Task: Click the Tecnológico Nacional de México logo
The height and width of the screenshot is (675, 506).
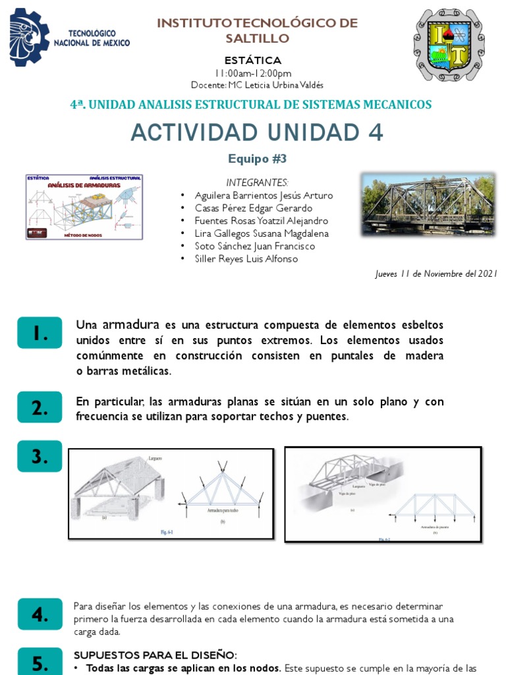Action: click(x=69, y=38)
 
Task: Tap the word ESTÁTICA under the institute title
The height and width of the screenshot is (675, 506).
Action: click(x=253, y=61)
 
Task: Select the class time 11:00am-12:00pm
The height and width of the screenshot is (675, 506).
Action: click(x=253, y=73)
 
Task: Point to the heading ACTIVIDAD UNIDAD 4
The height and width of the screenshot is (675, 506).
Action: click(x=256, y=132)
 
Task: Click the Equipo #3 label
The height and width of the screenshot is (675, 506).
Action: click(x=257, y=159)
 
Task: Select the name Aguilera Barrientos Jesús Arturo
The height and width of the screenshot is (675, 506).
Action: click(x=264, y=196)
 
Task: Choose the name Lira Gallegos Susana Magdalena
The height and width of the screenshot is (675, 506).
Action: click(x=262, y=233)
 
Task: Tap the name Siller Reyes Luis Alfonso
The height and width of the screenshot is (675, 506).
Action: click(x=246, y=258)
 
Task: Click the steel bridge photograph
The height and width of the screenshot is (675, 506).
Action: click(x=428, y=205)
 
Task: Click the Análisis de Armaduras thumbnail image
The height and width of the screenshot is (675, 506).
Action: click(x=84, y=206)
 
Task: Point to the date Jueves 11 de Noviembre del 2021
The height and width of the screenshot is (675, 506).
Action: click(x=436, y=274)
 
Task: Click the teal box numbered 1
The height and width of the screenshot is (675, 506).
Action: click(x=40, y=334)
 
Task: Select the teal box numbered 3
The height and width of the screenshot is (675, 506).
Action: click(x=40, y=456)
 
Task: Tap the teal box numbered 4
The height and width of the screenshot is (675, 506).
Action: click(x=40, y=614)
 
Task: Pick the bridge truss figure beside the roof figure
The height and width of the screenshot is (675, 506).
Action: click(x=382, y=494)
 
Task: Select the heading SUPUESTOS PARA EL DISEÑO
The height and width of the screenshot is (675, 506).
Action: click(x=155, y=655)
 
